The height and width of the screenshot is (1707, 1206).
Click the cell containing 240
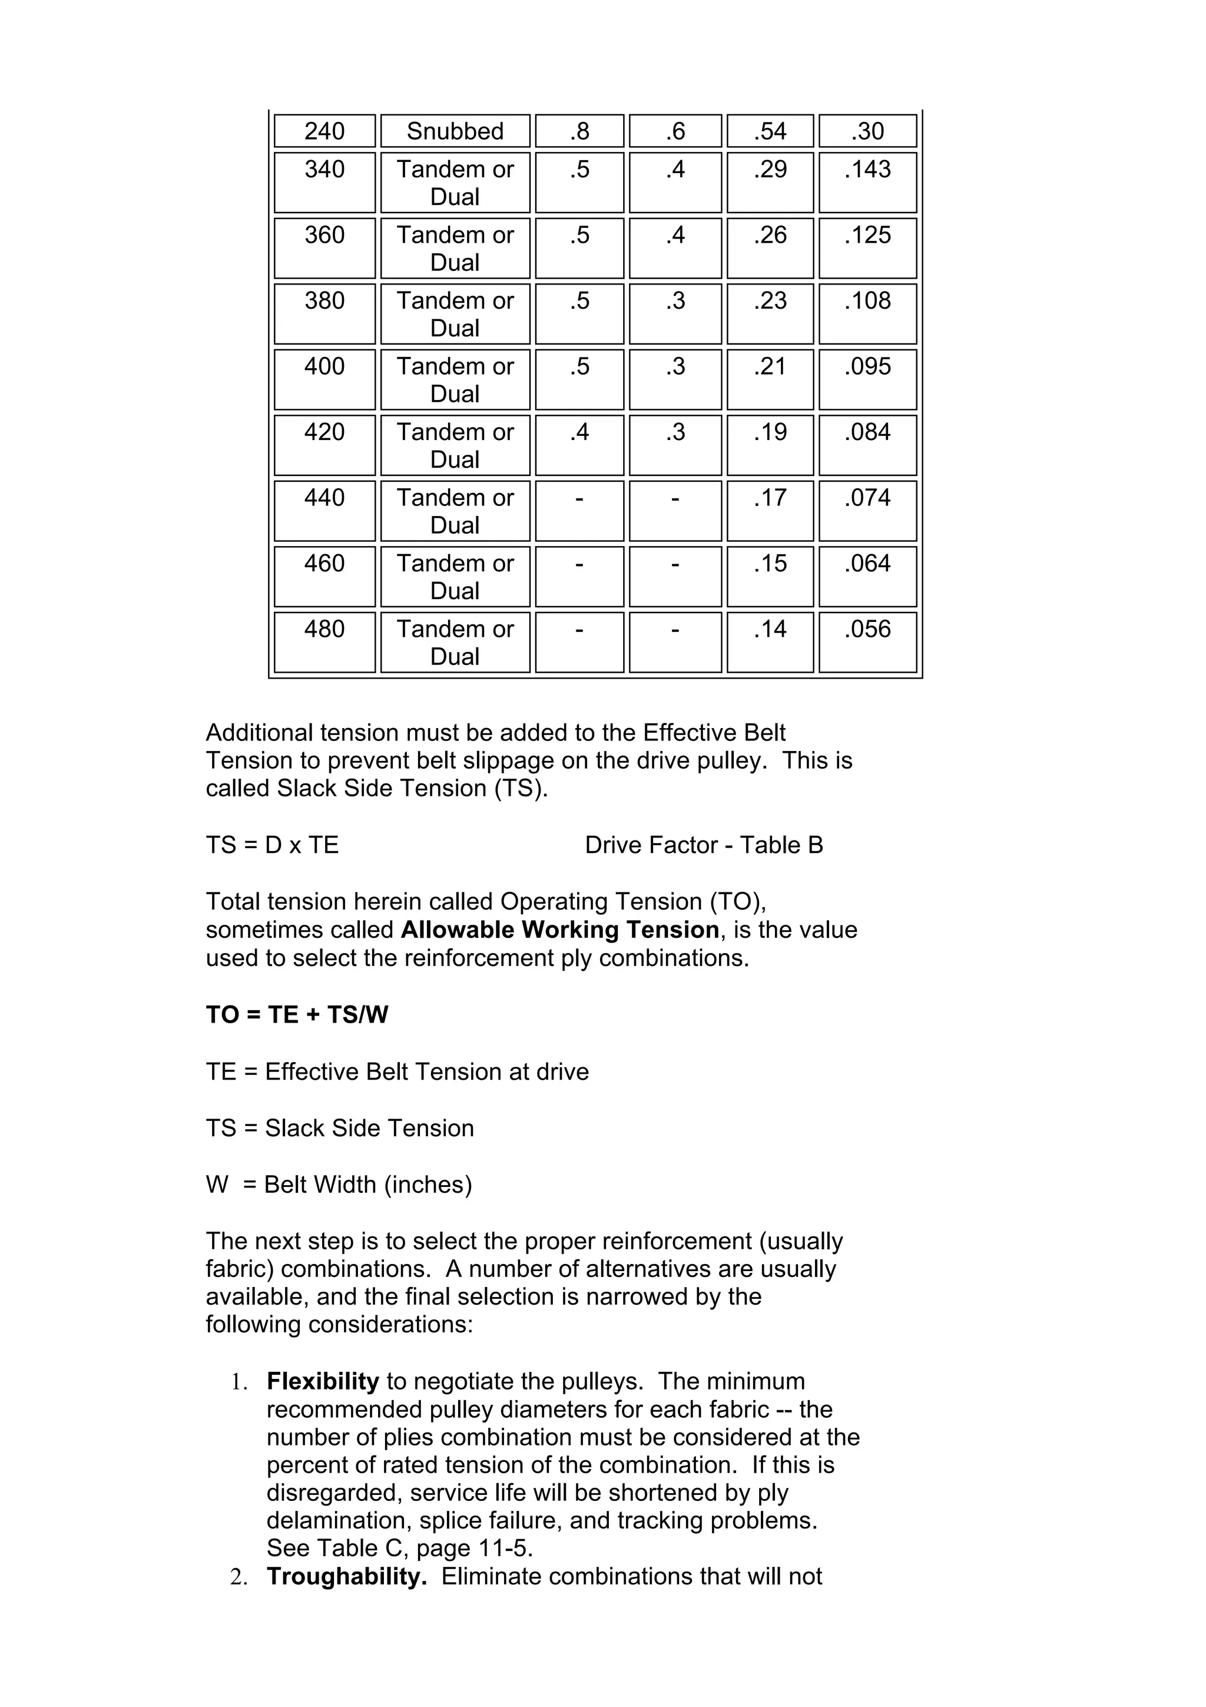[x=324, y=131]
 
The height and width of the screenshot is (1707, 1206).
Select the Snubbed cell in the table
[x=455, y=131]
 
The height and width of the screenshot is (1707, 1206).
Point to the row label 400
[x=324, y=366]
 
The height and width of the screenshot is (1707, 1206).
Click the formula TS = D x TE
[x=272, y=845]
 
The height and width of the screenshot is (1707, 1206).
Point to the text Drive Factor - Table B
[x=704, y=845]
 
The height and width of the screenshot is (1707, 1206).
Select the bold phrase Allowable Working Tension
[x=559, y=930]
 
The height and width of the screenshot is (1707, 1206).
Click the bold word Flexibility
[x=323, y=1381]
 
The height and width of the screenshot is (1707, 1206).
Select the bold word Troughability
[x=346, y=1577]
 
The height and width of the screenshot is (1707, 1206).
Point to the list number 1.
[x=238, y=1382]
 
